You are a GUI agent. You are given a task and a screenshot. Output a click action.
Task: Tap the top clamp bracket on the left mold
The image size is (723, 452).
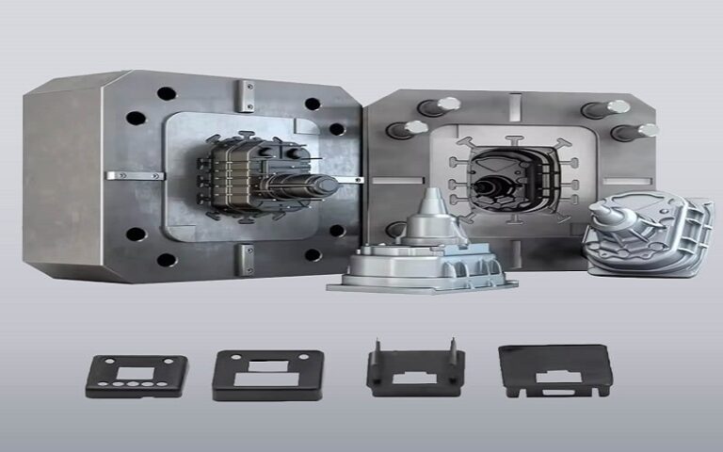246,96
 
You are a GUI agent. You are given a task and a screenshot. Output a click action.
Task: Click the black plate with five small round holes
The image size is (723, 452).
136,374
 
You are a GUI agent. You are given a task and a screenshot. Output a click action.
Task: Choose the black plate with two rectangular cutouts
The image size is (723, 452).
268,374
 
